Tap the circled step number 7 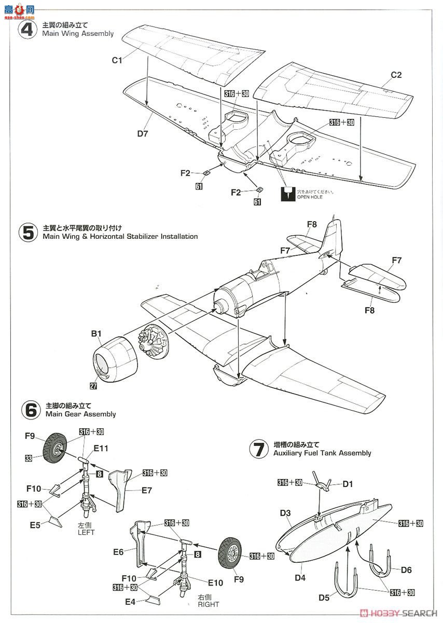pos(259,449)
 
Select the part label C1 pos(117,60)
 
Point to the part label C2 pos(396,75)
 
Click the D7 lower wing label pos(143,134)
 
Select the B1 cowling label pos(96,334)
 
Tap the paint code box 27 pos(92,385)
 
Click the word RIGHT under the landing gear pos(208,604)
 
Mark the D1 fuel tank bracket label pos(348,484)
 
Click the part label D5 pos(324,597)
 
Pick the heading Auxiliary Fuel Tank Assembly pos(322,453)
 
